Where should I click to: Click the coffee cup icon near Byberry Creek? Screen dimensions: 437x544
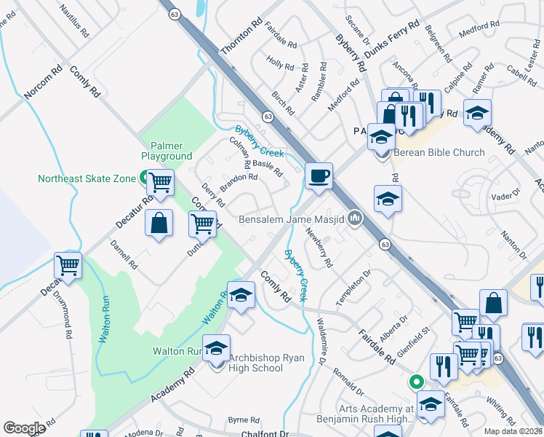pos(319,176)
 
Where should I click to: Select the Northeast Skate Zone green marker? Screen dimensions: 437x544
pos(144,177)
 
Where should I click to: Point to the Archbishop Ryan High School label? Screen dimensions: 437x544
pos(256,363)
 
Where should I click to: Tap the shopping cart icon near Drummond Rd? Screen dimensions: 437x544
pos(68,267)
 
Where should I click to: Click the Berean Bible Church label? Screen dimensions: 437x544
pos(439,152)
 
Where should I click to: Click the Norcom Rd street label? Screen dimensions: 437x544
pos(44,84)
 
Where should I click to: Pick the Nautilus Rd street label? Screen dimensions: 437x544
pos(73,22)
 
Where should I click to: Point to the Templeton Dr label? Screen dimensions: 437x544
pos(353,287)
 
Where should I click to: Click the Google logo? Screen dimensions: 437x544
pos(24,428)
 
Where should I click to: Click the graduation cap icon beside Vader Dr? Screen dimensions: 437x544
pos(388,200)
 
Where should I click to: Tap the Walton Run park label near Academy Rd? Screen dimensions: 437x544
pos(177,351)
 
